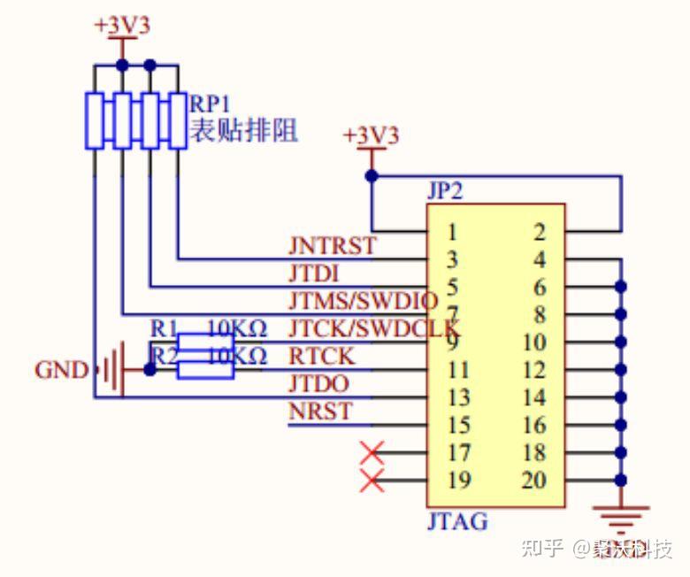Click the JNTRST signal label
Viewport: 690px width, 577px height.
click(x=332, y=244)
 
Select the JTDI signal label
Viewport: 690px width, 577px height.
click(x=314, y=272)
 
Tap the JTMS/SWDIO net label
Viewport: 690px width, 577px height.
click(x=363, y=299)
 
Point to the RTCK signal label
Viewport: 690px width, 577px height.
click(x=321, y=356)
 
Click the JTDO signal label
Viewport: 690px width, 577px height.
click(x=318, y=383)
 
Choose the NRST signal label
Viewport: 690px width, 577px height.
click(x=319, y=412)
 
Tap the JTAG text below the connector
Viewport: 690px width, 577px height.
click(x=457, y=521)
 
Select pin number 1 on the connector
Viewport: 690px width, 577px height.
click(x=451, y=233)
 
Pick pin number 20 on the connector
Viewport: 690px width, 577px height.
click(x=533, y=481)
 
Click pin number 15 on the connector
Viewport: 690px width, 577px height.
click(x=457, y=426)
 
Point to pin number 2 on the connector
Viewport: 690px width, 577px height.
click(x=540, y=233)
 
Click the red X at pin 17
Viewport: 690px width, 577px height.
click(x=372, y=453)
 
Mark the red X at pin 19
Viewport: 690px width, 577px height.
click(x=372, y=481)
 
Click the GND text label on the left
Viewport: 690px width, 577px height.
click(x=61, y=369)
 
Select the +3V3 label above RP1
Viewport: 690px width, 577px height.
click(x=122, y=25)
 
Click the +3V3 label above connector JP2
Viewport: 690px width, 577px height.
click(x=372, y=135)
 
